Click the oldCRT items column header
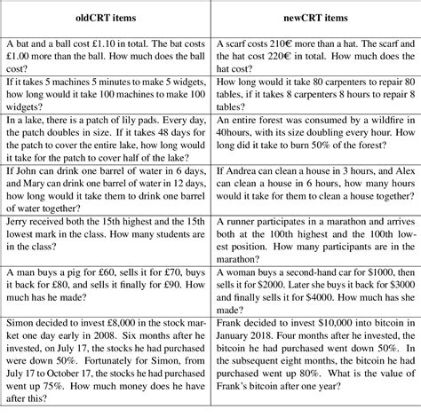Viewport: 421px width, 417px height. (106, 20)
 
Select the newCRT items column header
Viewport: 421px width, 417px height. (314, 20)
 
